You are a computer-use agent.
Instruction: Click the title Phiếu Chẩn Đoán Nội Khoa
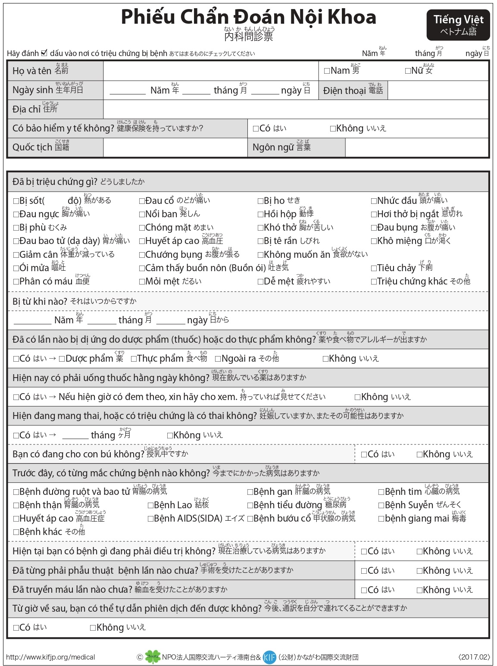tap(248, 17)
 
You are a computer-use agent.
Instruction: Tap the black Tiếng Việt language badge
tap(458, 25)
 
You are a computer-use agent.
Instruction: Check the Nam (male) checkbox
tap(327, 71)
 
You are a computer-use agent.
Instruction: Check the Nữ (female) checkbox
tap(408, 71)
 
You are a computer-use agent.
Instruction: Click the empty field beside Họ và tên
tap(210, 71)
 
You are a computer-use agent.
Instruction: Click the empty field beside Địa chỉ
tap(295, 109)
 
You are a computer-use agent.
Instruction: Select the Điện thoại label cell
tap(353, 91)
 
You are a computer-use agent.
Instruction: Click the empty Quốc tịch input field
tap(175, 147)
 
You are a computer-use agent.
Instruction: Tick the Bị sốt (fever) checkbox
tap(16, 201)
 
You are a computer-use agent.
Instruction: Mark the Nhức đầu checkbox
tap(374, 201)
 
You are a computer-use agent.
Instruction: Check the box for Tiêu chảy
tap(374, 268)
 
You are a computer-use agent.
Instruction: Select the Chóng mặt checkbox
tap(142, 228)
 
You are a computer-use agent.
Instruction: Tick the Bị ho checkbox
tap(260, 201)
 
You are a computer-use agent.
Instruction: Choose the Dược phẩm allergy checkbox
tap(62, 359)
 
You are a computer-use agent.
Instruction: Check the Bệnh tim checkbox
tap(381, 492)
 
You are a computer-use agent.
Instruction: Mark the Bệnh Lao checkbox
tap(150, 505)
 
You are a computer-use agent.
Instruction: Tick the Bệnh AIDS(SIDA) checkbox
tap(150, 519)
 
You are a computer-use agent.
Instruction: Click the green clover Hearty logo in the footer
tap(153, 657)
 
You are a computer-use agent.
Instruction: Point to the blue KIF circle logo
tap(269, 657)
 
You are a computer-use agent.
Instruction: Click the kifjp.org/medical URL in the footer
tap(50, 657)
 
